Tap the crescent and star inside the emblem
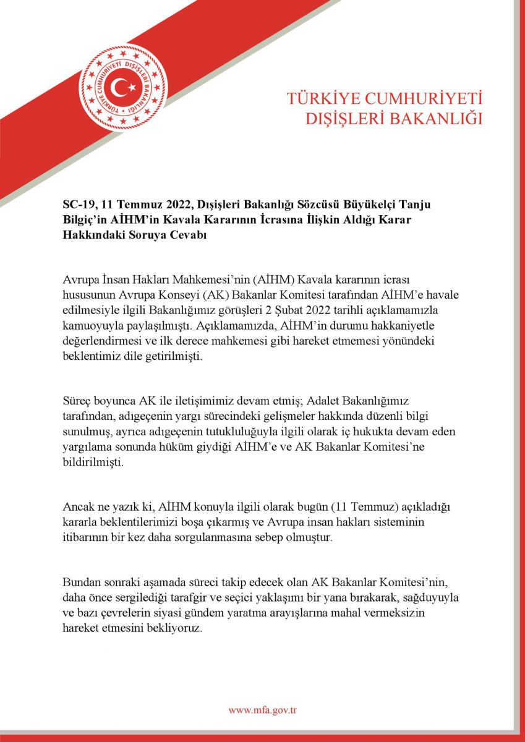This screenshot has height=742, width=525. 124,85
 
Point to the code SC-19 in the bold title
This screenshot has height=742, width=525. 77,205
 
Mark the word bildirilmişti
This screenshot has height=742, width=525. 93,462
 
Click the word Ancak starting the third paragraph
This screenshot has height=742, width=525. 79,507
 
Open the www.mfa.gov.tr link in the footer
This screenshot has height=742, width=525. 263,710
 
